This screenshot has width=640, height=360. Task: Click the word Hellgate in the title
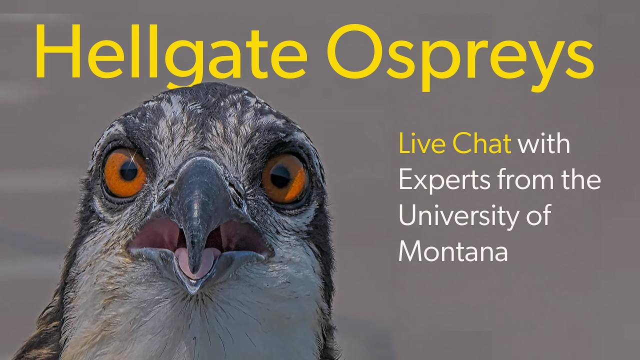tap(171, 55)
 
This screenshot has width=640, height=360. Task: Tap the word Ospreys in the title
tap(460, 57)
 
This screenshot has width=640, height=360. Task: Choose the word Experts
tap(444, 180)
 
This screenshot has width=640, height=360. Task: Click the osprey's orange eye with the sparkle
tap(125, 173)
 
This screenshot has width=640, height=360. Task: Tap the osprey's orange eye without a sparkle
tap(284, 178)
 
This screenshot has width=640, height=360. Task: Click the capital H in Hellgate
tap(58, 51)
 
